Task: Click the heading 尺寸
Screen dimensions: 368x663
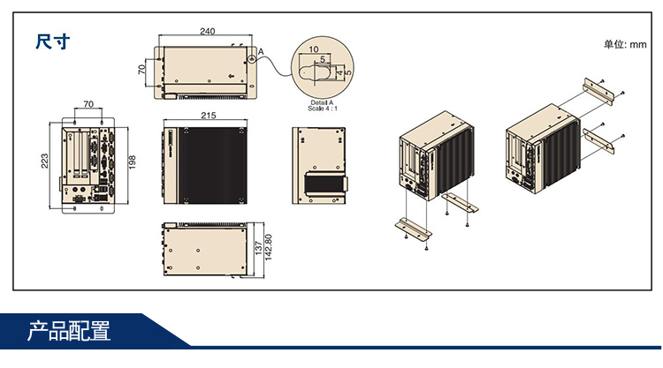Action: pos(52,41)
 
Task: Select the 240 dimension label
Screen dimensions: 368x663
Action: pos(207,32)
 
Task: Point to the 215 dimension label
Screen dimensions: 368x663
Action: pos(209,116)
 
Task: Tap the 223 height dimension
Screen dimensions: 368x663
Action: pos(45,160)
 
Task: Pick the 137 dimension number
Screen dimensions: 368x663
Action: pos(257,250)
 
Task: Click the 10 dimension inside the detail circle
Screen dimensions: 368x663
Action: pos(315,49)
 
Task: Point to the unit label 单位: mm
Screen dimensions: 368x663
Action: pos(625,44)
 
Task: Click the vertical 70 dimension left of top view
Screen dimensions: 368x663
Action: pos(141,70)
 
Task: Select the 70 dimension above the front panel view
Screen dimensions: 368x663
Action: pos(88,104)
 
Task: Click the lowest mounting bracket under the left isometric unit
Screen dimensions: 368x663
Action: pos(412,227)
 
